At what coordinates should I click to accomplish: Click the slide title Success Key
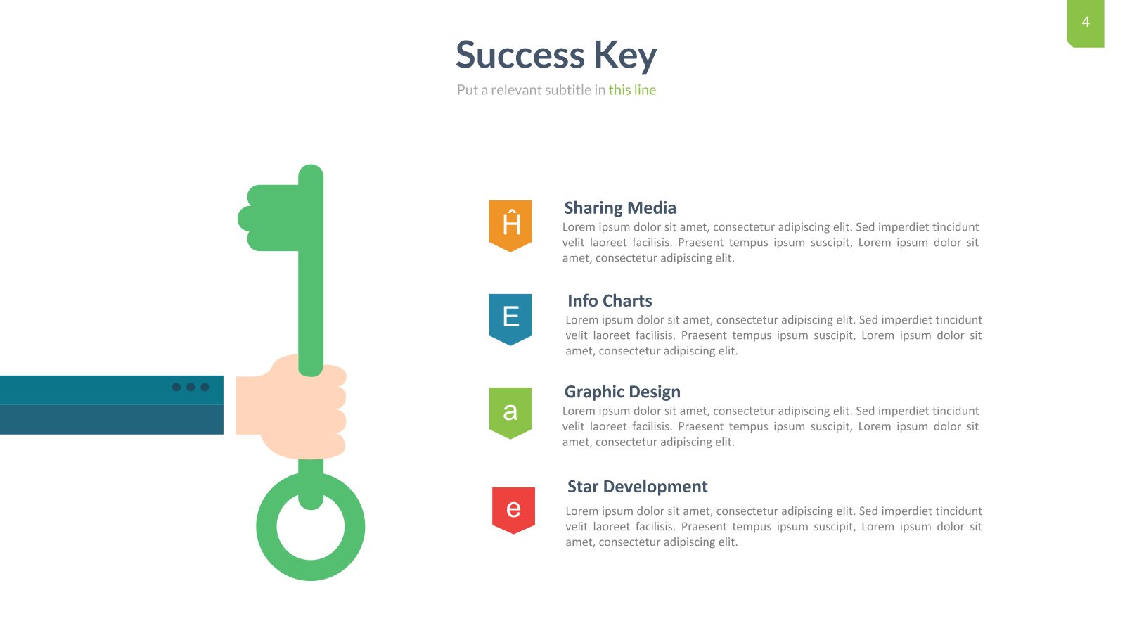[x=556, y=55]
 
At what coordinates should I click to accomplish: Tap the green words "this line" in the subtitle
[x=632, y=90]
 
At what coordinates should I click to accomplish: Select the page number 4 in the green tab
[x=1086, y=22]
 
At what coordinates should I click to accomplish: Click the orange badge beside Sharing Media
[x=510, y=226]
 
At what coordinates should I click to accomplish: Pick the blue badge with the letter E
[x=510, y=319]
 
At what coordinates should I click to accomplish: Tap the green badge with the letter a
[x=510, y=413]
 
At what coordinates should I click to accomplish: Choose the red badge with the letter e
[x=513, y=510]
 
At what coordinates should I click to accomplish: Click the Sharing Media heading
[x=620, y=208]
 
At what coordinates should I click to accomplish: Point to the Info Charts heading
[x=610, y=301]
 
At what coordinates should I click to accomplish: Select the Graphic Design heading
[x=622, y=392]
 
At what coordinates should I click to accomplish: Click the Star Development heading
[x=637, y=487]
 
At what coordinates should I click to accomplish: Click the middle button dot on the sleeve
[x=191, y=387]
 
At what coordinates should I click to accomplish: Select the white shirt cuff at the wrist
[x=229, y=405]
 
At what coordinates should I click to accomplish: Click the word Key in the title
[x=625, y=55]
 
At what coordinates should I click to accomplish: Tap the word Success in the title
[x=520, y=55]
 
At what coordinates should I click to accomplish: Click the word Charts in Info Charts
[x=627, y=301]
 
